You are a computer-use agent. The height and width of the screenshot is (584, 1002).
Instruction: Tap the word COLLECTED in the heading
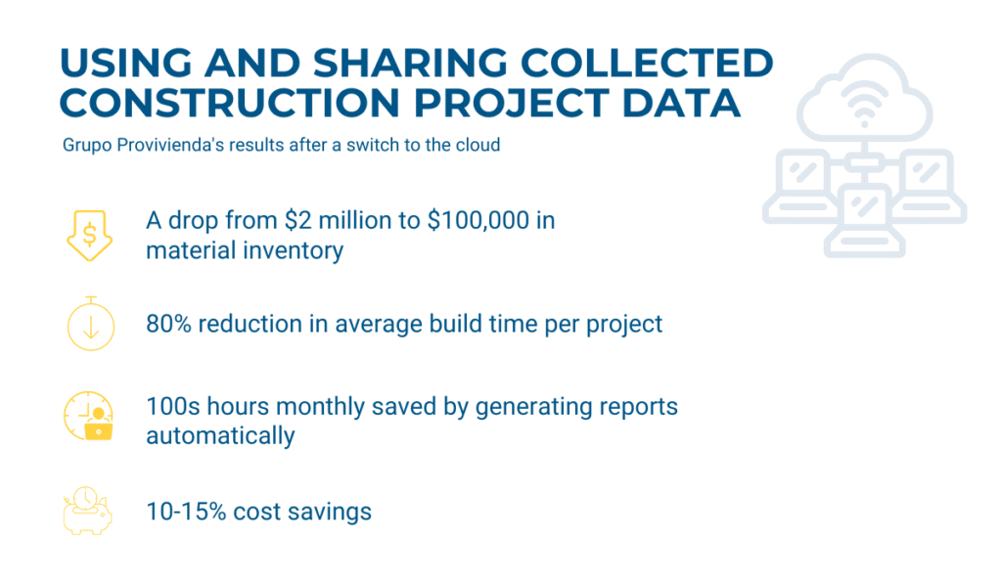click(x=647, y=63)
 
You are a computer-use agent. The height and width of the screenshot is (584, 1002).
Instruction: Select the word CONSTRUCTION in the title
click(x=229, y=103)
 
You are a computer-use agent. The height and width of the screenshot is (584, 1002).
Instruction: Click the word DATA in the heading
click(x=681, y=103)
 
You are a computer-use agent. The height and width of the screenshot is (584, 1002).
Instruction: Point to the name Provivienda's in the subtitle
click(x=168, y=145)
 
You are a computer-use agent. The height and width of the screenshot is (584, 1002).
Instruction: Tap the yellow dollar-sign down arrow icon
click(x=89, y=235)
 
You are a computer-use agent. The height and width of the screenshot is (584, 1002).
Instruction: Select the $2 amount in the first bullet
click(x=297, y=220)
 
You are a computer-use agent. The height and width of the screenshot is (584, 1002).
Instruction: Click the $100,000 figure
click(x=478, y=220)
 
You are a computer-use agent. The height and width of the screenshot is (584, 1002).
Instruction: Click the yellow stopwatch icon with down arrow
click(x=91, y=324)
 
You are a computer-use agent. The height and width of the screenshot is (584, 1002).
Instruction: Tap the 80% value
click(x=168, y=324)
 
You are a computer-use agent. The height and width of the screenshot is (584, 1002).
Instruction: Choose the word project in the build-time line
click(x=624, y=325)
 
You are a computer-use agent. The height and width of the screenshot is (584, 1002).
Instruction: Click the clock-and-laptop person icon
click(x=89, y=416)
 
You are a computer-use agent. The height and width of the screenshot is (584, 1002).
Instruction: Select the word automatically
click(x=220, y=436)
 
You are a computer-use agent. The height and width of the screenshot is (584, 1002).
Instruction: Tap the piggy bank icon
click(x=87, y=512)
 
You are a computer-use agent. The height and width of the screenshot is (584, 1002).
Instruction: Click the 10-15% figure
click(x=186, y=512)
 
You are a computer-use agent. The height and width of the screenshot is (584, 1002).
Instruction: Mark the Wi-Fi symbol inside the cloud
click(x=864, y=104)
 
